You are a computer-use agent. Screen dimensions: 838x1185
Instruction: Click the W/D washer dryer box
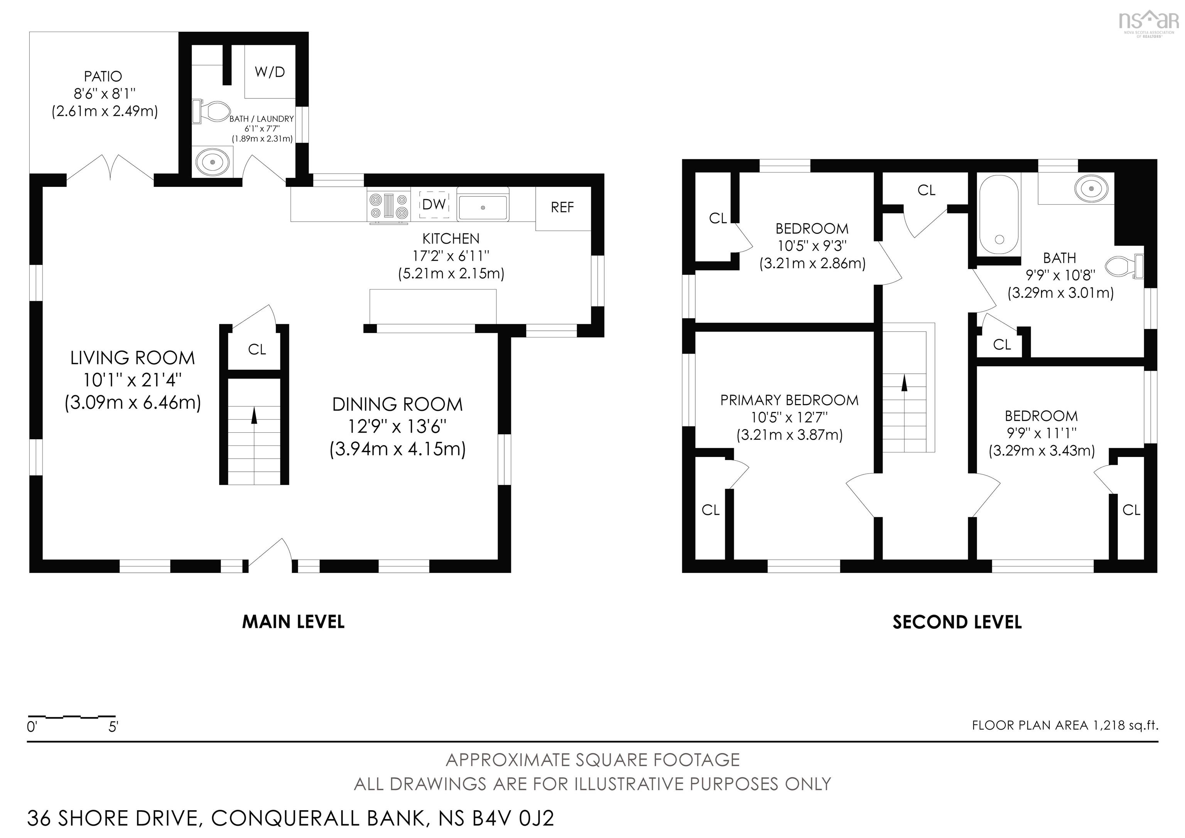(x=269, y=72)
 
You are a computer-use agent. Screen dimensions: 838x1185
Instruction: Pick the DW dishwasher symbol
(x=434, y=205)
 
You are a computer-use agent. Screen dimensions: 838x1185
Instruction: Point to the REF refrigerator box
(x=562, y=208)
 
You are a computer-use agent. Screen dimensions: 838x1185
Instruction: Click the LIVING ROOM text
(x=133, y=358)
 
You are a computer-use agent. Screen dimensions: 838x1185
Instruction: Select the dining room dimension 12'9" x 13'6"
(x=397, y=427)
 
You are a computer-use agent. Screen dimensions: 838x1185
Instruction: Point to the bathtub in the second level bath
(x=999, y=214)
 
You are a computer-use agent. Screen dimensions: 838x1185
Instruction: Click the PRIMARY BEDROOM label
(x=789, y=400)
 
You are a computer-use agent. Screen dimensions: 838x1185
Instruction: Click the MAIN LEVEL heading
(x=293, y=622)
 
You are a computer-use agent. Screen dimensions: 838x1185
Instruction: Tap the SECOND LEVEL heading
(x=957, y=622)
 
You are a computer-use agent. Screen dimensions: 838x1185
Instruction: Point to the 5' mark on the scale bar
(x=113, y=727)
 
